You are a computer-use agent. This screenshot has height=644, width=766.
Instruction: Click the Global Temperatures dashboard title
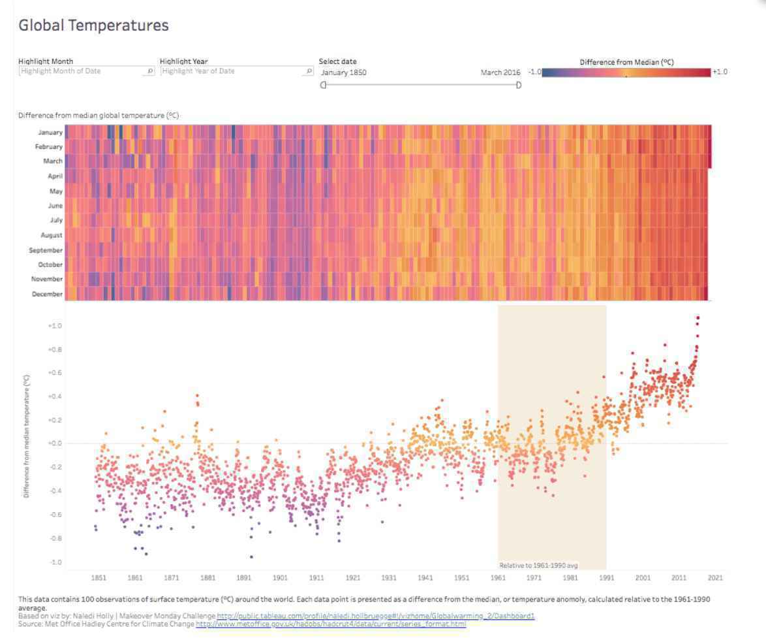pos(93,25)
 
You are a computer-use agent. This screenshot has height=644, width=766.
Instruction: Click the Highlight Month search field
pos(87,71)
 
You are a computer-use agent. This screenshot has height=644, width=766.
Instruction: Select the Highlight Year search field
pos(236,71)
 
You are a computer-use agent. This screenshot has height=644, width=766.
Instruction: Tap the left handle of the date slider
pos(323,85)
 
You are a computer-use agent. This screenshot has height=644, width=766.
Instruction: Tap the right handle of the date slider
pos(518,85)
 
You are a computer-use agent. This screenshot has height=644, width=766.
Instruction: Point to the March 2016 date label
pos(500,72)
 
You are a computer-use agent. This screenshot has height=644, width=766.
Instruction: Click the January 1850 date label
pos(343,72)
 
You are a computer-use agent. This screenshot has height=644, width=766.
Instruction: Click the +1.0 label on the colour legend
pos(720,71)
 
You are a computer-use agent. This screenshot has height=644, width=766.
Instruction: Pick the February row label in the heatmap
pos(48,147)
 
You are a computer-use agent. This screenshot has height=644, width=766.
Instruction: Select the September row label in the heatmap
pos(46,250)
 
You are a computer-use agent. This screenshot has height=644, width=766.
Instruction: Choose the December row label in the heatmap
pos(47,294)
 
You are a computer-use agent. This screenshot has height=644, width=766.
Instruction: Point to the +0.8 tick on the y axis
pos(55,349)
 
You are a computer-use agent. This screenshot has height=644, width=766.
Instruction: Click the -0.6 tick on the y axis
pos(55,515)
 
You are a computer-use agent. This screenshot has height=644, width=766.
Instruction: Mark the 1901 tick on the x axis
pos(280,577)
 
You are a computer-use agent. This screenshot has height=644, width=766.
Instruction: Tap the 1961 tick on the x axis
pos(498,577)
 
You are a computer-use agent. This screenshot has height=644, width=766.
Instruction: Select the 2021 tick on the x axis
pos(715,577)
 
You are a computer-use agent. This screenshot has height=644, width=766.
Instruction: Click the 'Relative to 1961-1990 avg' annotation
pos(538,565)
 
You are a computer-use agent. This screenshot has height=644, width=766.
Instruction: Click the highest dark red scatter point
pos(697,318)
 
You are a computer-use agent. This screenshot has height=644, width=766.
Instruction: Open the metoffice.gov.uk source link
pos(331,624)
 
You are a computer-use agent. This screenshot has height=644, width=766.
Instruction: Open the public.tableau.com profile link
pos(376,616)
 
